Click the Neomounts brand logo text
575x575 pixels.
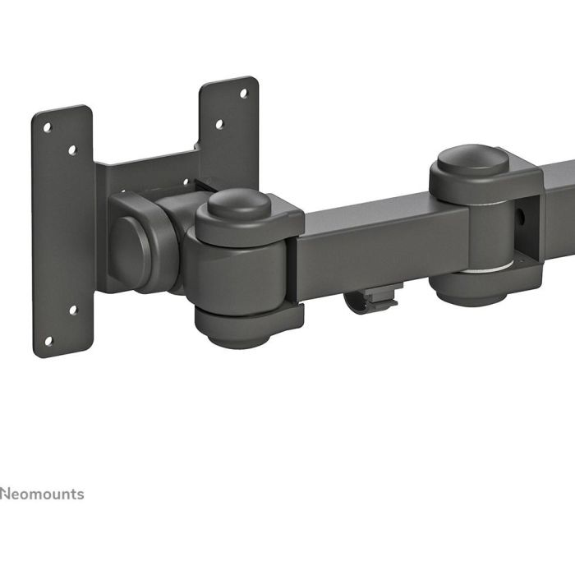(x=42, y=494)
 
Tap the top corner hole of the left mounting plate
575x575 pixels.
(x=48, y=128)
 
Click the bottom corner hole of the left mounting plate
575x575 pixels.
(x=48, y=340)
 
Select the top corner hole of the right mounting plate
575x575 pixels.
(x=243, y=93)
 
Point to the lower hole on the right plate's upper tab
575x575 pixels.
(x=219, y=125)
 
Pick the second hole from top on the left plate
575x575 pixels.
(x=72, y=150)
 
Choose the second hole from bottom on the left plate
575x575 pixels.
(x=72, y=310)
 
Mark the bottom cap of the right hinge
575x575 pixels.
(x=468, y=287)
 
